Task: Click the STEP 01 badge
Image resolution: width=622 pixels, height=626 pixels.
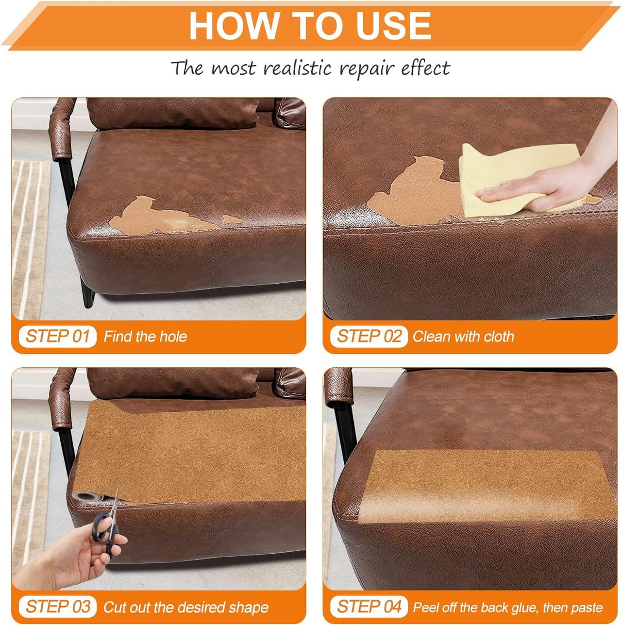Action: tap(57, 336)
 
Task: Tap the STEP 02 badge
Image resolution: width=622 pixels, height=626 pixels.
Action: tap(369, 336)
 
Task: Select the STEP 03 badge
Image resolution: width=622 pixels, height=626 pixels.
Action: tap(57, 606)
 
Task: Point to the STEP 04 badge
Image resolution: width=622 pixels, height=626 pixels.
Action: tap(369, 606)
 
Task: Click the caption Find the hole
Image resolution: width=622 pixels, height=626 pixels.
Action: tap(145, 336)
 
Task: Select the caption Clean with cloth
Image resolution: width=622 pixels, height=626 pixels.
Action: tap(463, 336)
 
